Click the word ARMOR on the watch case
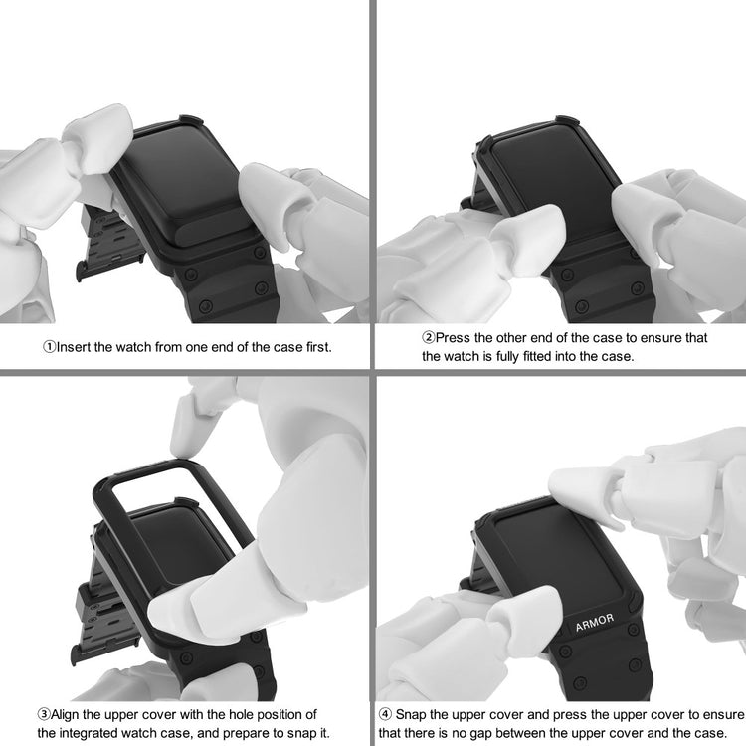pyautogui.click(x=594, y=623)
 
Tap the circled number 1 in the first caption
pyautogui.click(x=49, y=347)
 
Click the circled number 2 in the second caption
pyautogui.click(x=428, y=338)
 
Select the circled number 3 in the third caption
pyautogui.click(x=44, y=714)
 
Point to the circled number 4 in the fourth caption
pyautogui.click(x=385, y=714)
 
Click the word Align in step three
pyautogui.click(x=65, y=715)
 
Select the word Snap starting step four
pyautogui.click(x=411, y=715)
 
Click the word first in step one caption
pyautogui.click(x=318, y=347)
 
